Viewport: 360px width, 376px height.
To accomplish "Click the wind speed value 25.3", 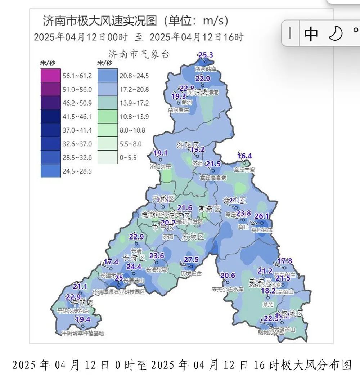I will point(206,55).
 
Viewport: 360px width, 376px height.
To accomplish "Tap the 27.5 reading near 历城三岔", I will point(191,260).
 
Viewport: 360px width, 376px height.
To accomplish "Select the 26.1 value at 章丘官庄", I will point(262,216).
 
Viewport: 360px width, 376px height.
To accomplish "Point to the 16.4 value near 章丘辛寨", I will point(245,156).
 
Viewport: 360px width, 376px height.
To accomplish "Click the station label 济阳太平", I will point(161,167).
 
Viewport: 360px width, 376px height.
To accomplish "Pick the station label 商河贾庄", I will point(179,110).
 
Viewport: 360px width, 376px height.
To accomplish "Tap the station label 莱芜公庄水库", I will point(228,289).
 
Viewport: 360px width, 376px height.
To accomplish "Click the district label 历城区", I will point(193,237).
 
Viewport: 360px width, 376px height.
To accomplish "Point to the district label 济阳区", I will point(187,145).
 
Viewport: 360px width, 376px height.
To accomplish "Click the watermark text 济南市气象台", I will point(139,54).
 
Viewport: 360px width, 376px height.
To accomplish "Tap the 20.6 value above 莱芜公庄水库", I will point(228,276).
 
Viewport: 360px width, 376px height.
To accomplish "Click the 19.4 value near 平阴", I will point(83,319).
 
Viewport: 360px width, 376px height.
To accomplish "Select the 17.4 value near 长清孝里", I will point(111,262).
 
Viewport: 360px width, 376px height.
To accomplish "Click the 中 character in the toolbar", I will point(311,33).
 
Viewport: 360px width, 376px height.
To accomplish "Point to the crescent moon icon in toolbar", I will point(335,33).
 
